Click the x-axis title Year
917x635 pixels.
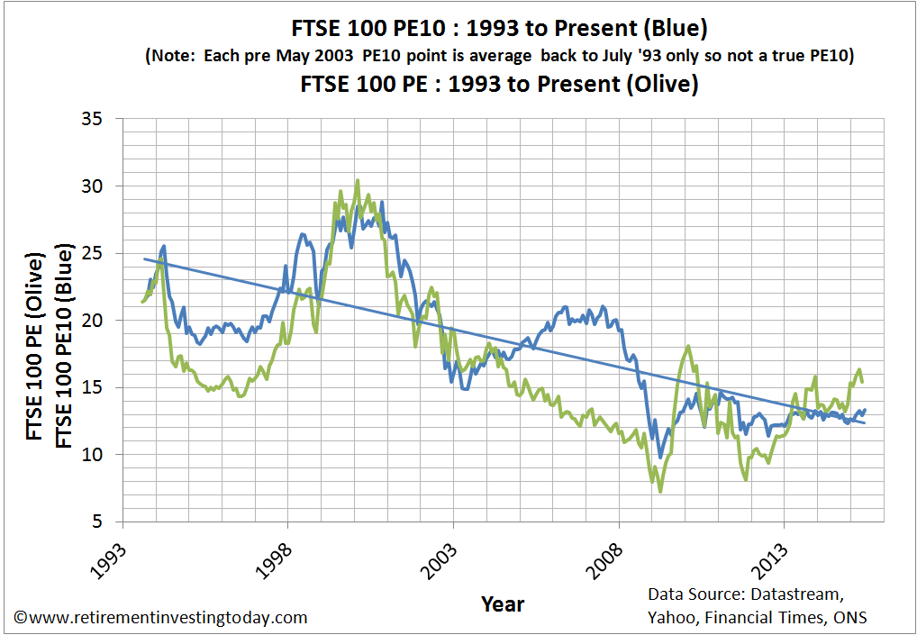click(503, 603)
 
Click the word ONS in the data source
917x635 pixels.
click(848, 617)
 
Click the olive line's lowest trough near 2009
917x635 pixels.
click(660, 491)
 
